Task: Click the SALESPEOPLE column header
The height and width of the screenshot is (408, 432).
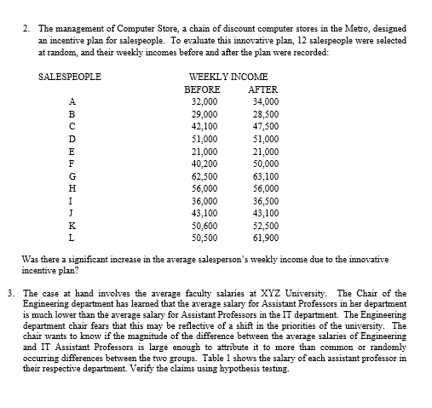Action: pyautogui.click(x=70, y=77)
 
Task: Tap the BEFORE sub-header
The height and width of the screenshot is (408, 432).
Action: pyautogui.click(x=203, y=89)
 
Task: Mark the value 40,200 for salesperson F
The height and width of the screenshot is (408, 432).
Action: pyautogui.click(x=207, y=161)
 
